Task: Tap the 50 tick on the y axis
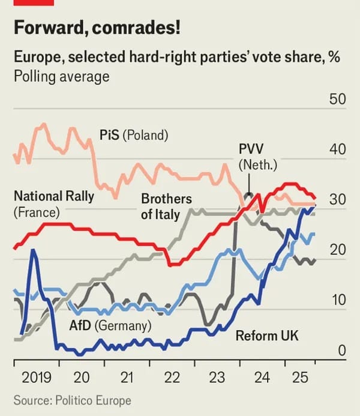[x=338, y=99]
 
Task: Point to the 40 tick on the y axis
[x=338, y=149]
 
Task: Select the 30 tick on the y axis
[x=338, y=200]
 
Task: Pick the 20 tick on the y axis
[x=338, y=250]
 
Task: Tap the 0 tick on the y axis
[x=341, y=351]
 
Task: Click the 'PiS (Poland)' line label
[x=134, y=134]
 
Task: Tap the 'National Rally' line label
[x=54, y=196]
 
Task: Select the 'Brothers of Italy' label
[x=166, y=206]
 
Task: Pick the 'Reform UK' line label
[x=266, y=336]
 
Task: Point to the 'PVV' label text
[x=251, y=149]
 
